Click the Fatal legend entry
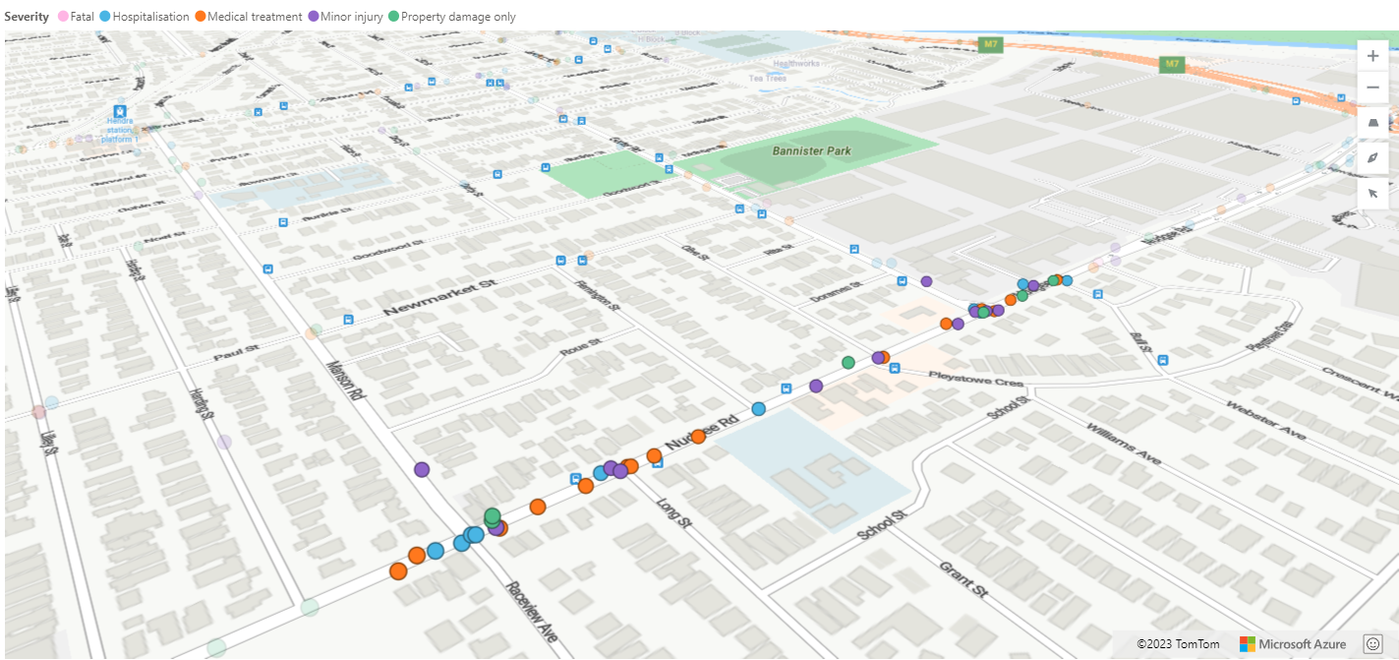[x=76, y=17]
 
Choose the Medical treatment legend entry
[x=247, y=17]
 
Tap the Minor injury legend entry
[x=351, y=17]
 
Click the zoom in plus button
[x=1372, y=56]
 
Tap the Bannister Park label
[x=811, y=150]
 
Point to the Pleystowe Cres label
[x=962, y=378]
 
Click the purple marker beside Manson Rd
[x=422, y=470]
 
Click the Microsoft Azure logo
[x=1293, y=644]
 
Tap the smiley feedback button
[x=1372, y=643]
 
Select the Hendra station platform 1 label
[x=120, y=130]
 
